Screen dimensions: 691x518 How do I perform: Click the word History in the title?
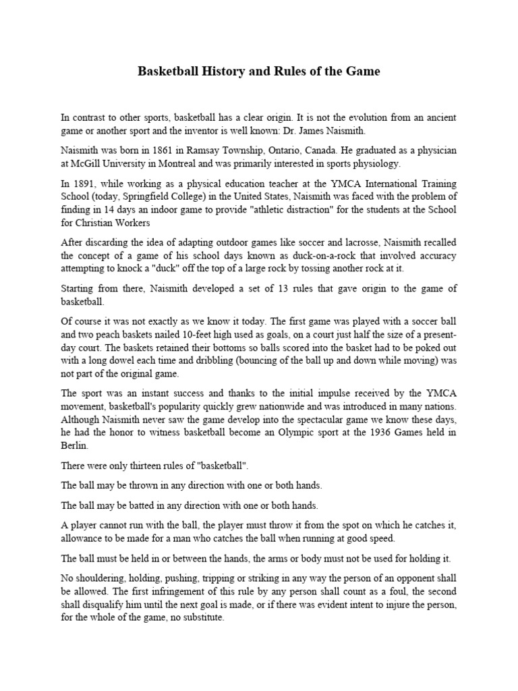(222, 71)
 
